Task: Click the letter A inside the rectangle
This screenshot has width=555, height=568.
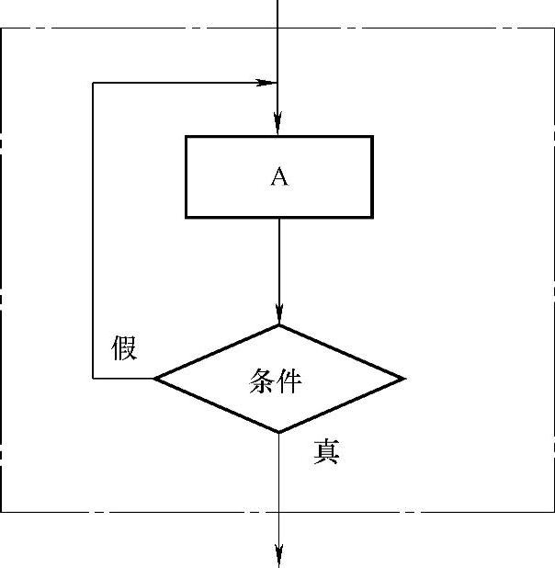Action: (x=279, y=176)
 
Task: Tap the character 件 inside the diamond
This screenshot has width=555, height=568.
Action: (x=289, y=381)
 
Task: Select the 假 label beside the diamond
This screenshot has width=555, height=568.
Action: (x=124, y=348)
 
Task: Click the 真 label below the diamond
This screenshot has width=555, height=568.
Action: (x=326, y=451)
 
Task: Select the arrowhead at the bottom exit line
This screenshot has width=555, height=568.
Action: (x=278, y=555)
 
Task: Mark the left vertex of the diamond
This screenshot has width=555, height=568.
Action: (x=154, y=378)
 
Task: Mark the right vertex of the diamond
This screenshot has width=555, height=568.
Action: (x=403, y=378)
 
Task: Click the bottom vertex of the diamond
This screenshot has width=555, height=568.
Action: (x=278, y=432)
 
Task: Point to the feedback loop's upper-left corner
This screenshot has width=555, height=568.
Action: (x=93, y=83)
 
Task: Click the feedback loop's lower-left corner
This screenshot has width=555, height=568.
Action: (x=93, y=378)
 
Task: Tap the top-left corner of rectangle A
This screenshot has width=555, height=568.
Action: (x=186, y=137)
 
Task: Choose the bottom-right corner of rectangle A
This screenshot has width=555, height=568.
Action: (x=372, y=217)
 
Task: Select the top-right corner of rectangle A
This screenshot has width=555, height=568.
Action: (x=372, y=137)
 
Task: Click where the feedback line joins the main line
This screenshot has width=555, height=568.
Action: (x=278, y=83)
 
